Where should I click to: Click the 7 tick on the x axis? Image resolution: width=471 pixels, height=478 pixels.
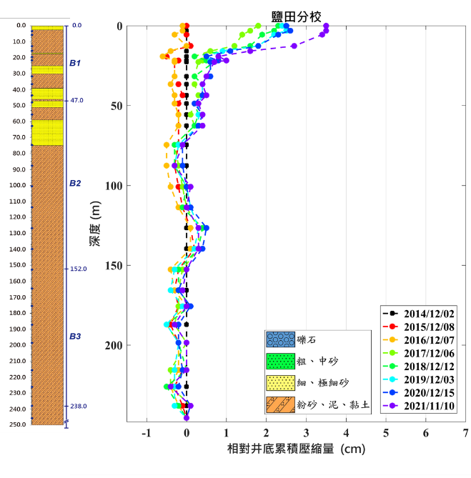(x=466, y=433)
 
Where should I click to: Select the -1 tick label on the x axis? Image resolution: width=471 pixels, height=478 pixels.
(x=147, y=433)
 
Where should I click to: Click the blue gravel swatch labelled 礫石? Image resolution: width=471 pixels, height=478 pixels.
(x=279, y=340)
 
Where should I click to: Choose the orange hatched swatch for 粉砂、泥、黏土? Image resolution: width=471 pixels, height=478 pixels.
(x=279, y=405)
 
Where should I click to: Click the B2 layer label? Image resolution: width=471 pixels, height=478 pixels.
(x=75, y=184)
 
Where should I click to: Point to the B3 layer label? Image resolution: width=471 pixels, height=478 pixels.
(x=75, y=336)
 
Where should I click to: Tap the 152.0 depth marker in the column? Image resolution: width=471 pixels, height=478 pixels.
(x=78, y=269)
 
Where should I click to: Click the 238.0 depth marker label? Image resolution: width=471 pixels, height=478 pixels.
(x=78, y=407)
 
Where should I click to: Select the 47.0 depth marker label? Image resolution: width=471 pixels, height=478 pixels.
(x=76, y=101)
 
